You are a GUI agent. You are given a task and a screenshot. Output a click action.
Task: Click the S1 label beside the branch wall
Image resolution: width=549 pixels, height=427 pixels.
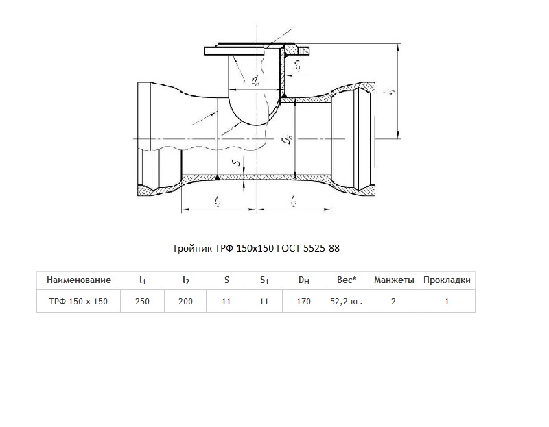pyautogui.click(x=297, y=64)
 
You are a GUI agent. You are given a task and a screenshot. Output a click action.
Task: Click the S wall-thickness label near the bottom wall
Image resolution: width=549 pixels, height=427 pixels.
pyautogui.click(x=237, y=162)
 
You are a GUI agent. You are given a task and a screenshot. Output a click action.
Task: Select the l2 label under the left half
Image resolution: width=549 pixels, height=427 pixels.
pyautogui.click(x=218, y=200)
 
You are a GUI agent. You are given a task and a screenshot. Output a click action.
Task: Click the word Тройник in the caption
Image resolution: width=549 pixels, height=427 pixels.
pyautogui.click(x=191, y=248)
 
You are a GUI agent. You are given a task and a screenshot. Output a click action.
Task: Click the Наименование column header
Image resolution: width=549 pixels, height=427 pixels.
pyautogui.click(x=79, y=280)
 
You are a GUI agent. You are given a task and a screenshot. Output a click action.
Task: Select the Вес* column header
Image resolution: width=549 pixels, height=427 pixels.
pyautogui.click(x=347, y=280)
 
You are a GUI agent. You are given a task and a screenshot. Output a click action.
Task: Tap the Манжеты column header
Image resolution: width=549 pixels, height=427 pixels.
pyautogui.click(x=394, y=280)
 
